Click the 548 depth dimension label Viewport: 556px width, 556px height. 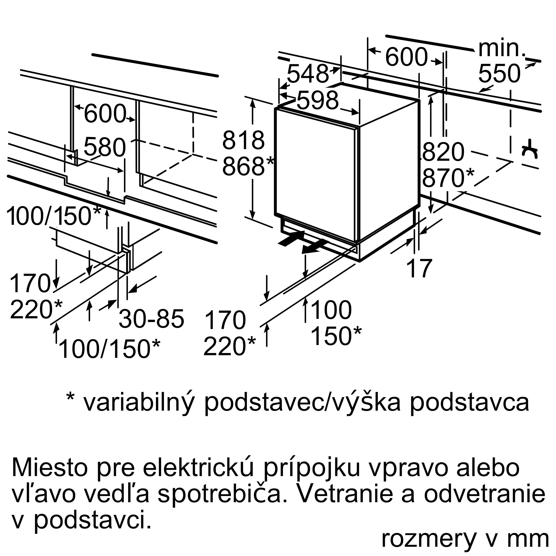308,74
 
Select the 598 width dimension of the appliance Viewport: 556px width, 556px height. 317,100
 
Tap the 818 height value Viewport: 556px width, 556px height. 244,140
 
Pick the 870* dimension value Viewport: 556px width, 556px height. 448,178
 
